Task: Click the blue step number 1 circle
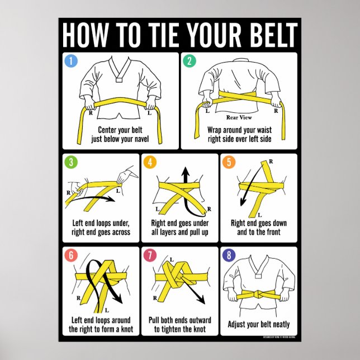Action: point(71,61)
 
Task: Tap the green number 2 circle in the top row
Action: point(188,61)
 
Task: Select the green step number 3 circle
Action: point(71,163)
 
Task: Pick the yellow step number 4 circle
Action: point(149,163)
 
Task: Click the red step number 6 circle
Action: point(71,255)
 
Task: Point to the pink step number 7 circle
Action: point(149,255)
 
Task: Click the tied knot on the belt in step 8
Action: point(259,295)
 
